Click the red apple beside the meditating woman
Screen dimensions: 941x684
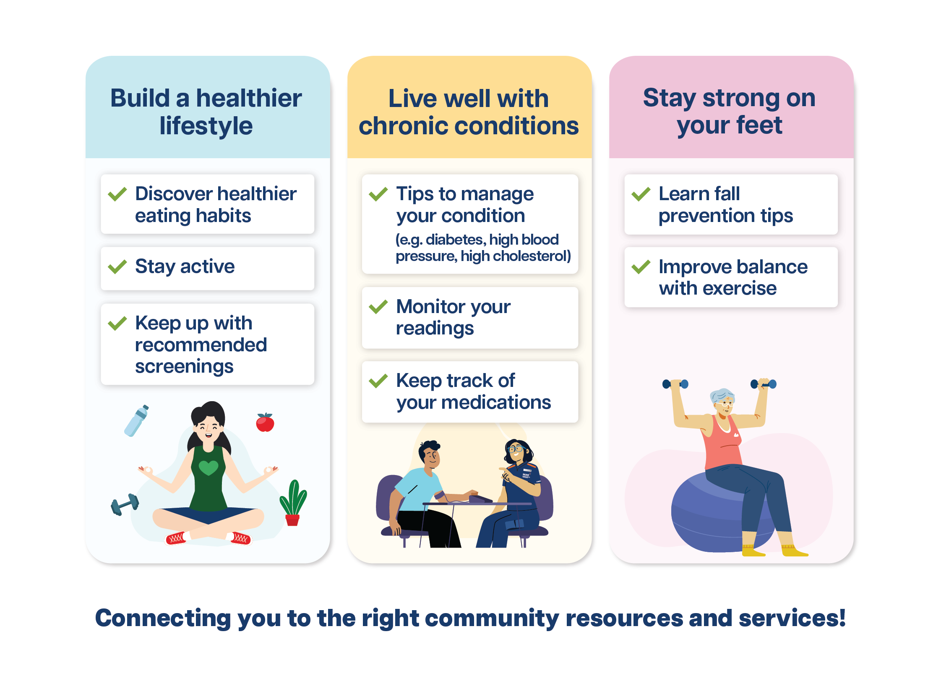point(265,423)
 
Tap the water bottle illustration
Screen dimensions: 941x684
point(136,420)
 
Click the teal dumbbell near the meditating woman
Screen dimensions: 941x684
point(125,504)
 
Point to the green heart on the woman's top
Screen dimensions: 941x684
point(209,467)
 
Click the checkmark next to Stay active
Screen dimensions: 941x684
point(117,266)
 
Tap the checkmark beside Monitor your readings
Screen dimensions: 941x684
point(378,307)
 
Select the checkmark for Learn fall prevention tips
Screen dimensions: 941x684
point(641,194)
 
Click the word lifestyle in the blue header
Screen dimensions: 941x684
point(206,126)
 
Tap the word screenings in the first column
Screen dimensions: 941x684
point(184,367)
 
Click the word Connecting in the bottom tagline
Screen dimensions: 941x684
point(163,618)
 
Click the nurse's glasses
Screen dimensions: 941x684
point(515,449)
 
